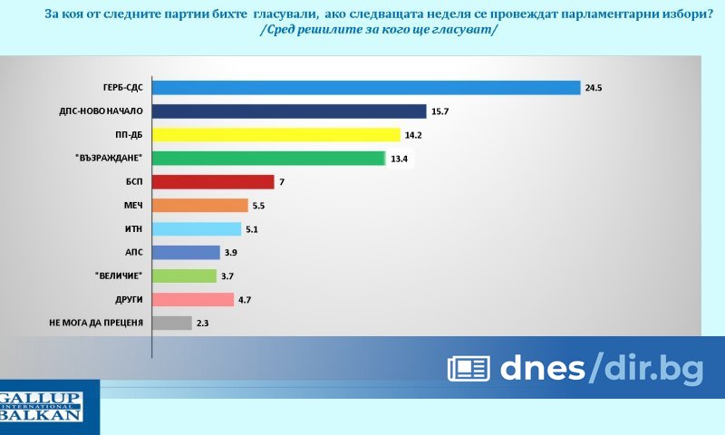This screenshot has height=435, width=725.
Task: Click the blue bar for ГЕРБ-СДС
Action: [365, 88]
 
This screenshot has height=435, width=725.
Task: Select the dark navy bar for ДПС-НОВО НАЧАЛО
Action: [288, 111]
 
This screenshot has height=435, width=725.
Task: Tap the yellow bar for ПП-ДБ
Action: [275, 135]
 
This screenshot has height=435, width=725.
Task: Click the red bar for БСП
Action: [212, 182]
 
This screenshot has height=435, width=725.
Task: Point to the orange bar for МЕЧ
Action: [199, 206]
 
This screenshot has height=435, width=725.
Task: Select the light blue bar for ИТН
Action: [196, 229]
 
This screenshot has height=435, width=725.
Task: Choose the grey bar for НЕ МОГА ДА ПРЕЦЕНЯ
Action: [171, 323]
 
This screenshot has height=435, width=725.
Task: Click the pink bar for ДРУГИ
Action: [192, 299]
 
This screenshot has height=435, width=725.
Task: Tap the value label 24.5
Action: [594, 89]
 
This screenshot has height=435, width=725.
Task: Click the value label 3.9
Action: [233, 253]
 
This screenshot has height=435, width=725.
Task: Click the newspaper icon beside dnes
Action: [469, 368]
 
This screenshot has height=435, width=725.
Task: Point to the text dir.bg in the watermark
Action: [652, 367]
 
